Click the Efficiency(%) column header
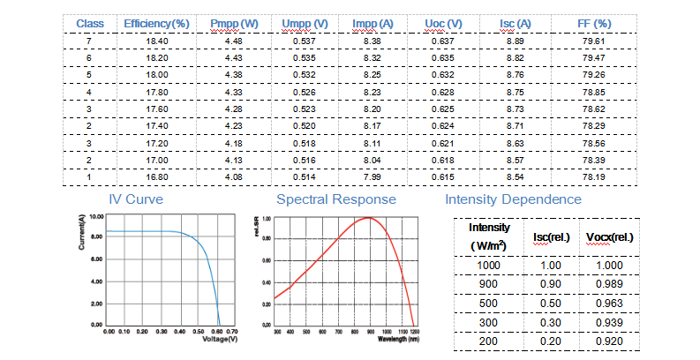[158, 22]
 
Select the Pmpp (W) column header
[233, 22]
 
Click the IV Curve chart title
[135, 199]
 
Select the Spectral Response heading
[335, 199]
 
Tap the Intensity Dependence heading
[513, 199]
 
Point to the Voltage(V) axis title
[221, 340]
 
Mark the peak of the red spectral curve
[368, 218]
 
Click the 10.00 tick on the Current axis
[95, 216]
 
